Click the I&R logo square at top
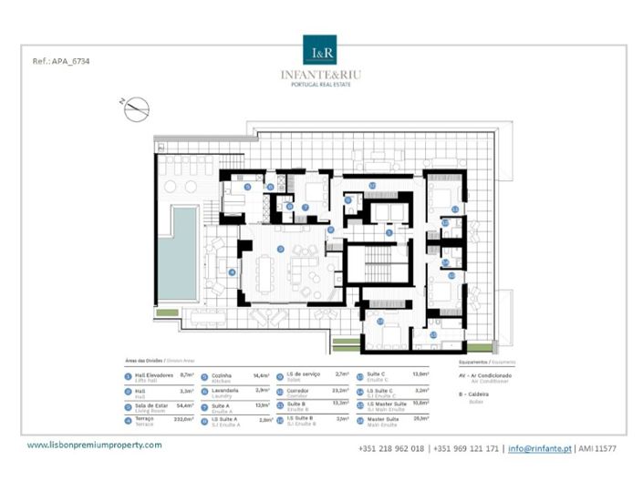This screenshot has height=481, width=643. click(321, 49)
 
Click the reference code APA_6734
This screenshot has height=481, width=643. click(61, 62)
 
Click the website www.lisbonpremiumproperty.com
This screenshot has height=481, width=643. click(94, 445)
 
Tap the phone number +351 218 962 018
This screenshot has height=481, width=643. click(391, 449)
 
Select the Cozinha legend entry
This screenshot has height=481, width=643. click(224, 375)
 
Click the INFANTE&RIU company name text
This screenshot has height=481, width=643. click(321, 75)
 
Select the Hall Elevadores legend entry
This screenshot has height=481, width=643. click(155, 375)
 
